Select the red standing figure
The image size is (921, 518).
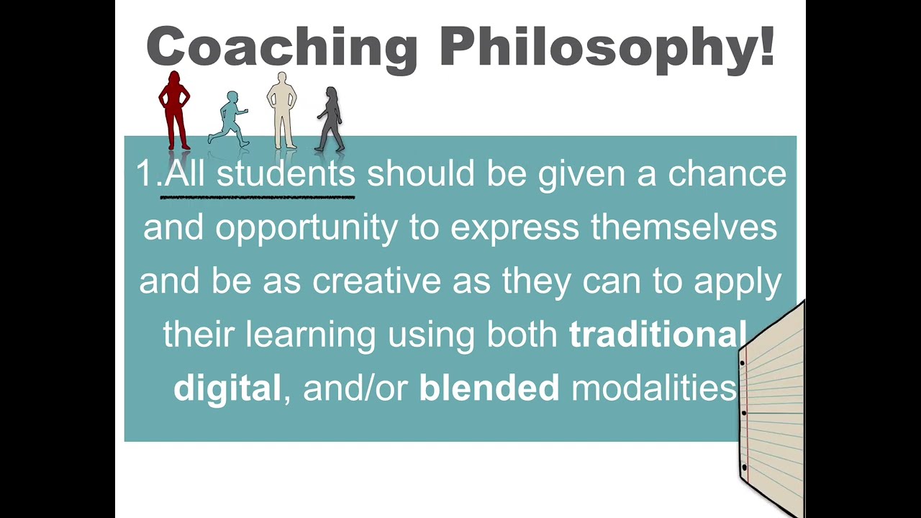click(x=174, y=110)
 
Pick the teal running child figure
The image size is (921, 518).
click(x=230, y=119)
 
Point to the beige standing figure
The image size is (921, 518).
click(x=282, y=110)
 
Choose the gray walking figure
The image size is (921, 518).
click(x=330, y=119)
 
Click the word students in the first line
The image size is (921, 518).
click(x=286, y=174)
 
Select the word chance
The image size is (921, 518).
click(x=727, y=174)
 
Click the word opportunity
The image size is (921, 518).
click(x=306, y=228)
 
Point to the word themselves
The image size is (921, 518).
click(x=684, y=228)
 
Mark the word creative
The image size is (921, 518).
click(x=376, y=281)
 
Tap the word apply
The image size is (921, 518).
click(x=738, y=281)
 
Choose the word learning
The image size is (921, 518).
click(x=310, y=335)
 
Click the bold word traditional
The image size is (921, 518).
click(x=657, y=335)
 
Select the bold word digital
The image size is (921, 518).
click(x=227, y=388)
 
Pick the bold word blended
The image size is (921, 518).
click(x=489, y=388)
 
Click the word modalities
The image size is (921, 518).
click(x=653, y=388)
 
